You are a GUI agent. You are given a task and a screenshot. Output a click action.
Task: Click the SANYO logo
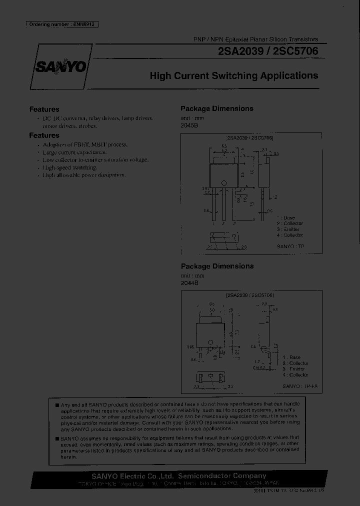60,67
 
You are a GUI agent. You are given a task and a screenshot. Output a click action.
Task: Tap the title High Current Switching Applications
234,76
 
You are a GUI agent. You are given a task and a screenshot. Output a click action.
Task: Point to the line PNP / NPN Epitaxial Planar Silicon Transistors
255,39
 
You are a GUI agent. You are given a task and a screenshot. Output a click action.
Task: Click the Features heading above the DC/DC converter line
44,109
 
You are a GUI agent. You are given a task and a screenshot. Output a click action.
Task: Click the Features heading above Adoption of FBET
44,135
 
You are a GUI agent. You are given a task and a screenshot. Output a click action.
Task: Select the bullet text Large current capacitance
74,152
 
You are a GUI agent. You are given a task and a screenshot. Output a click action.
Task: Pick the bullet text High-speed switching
69,167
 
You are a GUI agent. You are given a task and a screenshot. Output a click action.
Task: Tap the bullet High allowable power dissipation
84,175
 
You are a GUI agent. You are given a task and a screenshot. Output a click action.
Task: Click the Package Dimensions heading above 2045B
216,108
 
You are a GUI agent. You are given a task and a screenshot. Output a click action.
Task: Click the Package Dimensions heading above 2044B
216,266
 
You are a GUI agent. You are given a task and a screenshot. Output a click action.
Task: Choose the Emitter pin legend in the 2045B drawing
290,229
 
